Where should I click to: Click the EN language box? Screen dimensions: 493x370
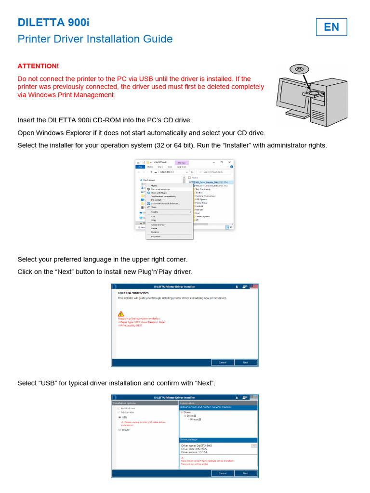click(x=331, y=27)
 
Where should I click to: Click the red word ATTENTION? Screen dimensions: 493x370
click(x=38, y=66)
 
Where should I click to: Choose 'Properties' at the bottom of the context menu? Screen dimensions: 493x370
click(x=156, y=236)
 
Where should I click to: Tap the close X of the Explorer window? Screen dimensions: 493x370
click(x=230, y=162)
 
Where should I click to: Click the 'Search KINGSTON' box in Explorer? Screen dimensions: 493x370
click(x=215, y=172)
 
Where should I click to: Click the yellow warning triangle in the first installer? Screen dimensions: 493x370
click(x=120, y=313)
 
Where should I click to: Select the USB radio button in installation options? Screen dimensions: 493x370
click(x=119, y=417)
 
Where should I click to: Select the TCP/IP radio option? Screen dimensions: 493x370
click(x=119, y=430)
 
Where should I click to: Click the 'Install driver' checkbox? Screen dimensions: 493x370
click(x=119, y=408)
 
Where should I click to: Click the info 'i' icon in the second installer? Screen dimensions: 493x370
click(x=237, y=398)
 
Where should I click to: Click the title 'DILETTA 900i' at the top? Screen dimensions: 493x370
click(x=53, y=23)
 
